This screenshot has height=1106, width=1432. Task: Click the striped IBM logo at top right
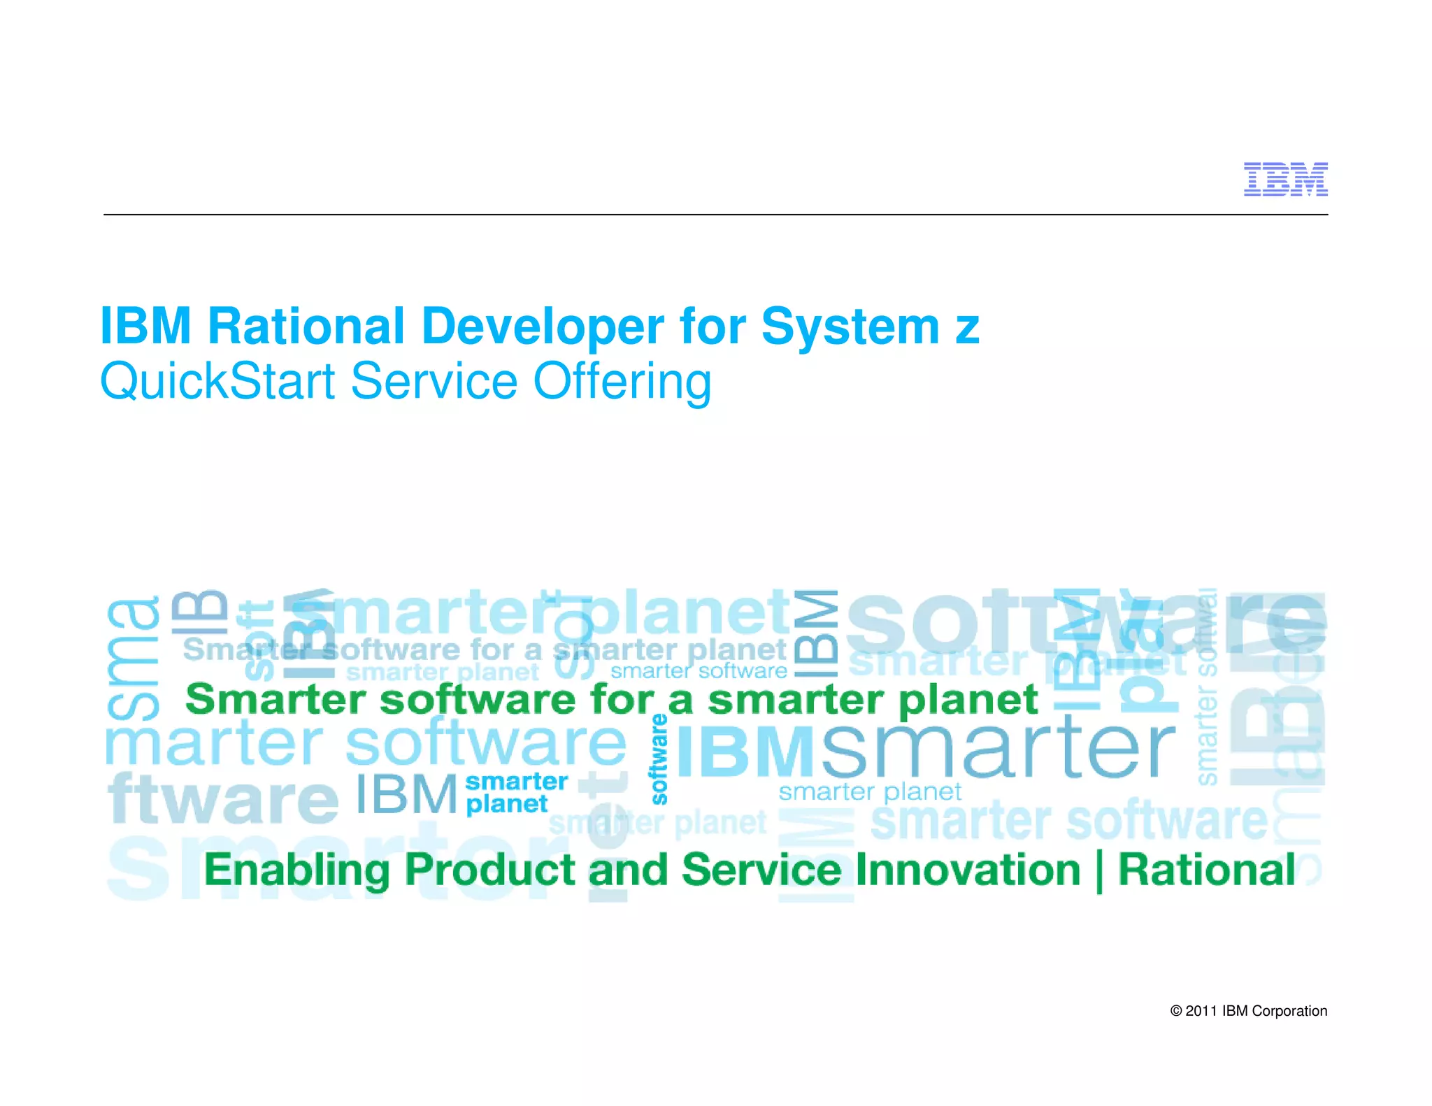(1285, 179)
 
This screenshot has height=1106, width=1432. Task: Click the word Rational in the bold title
(306, 326)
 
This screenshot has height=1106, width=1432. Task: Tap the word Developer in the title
(543, 326)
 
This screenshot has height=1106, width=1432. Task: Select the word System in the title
(850, 326)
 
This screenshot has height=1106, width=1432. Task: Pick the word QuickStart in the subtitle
(217, 382)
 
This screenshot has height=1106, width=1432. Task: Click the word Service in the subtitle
(434, 382)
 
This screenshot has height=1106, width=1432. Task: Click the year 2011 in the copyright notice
(1201, 1011)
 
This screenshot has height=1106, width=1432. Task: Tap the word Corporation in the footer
(1289, 1011)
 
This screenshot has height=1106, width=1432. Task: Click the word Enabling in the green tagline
(296, 870)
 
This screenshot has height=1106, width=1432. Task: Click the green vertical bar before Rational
(1099, 871)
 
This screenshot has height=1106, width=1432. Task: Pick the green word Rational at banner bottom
(1207, 870)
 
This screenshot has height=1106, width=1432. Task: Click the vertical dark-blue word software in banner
(659, 759)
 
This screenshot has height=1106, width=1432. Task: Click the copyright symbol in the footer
(1176, 1011)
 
